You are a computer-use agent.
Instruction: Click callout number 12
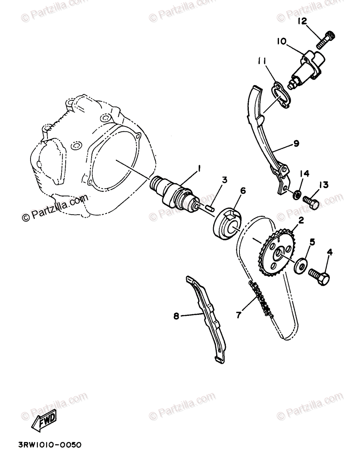pyautogui.click(x=302, y=22)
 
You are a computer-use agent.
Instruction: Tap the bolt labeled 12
pyautogui.click(x=326, y=40)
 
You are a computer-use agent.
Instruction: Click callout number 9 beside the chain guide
pyautogui.click(x=296, y=143)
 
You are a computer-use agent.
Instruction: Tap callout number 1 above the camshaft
pyautogui.click(x=199, y=168)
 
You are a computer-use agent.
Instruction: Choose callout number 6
pyautogui.click(x=243, y=190)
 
